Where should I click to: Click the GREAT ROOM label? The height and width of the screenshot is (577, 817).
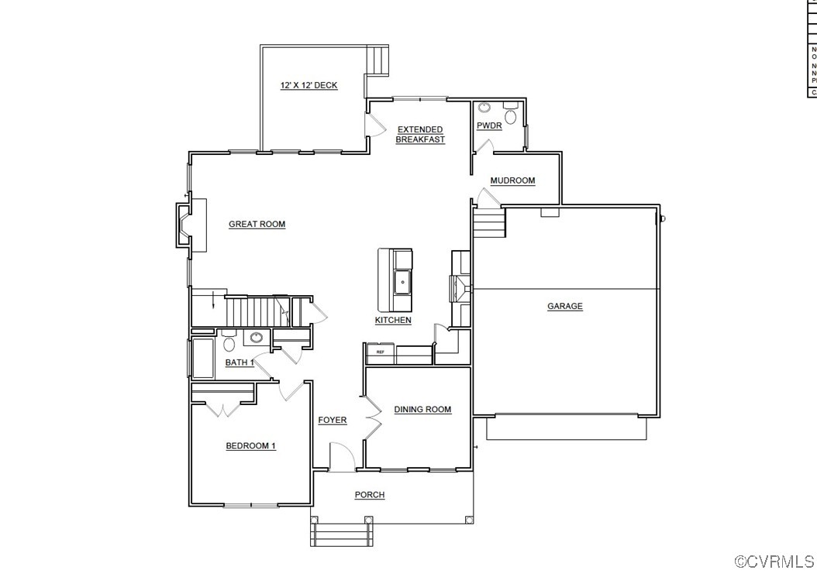[x=257, y=225]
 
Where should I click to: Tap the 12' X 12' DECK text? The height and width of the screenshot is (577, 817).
[x=309, y=86]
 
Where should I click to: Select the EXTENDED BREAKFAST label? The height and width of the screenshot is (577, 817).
[x=420, y=135]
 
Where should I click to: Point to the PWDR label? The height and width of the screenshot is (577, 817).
[x=489, y=125]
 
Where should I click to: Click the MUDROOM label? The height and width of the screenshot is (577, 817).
[x=512, y=180]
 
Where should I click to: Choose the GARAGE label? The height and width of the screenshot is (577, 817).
[x=565, y=307]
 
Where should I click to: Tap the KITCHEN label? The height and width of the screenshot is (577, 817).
[x=393, y=321]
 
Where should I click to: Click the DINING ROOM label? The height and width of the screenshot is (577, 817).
[x=422, y=410]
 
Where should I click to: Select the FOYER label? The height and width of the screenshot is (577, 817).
[x=333, y=421]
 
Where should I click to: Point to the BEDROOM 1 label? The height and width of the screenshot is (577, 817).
[x=250, y=446]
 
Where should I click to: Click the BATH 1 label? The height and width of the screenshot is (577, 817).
[x=240, y=362]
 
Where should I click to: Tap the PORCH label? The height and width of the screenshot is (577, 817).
[x=370, y=495]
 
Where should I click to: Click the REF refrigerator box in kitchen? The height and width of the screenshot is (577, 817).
[x=380, y=352]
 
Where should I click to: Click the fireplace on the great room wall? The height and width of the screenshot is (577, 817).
[x=188, y=225]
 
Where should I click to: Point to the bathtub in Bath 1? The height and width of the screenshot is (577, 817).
[x=203, y=358]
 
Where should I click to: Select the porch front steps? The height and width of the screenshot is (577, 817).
[x=342, y=534]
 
